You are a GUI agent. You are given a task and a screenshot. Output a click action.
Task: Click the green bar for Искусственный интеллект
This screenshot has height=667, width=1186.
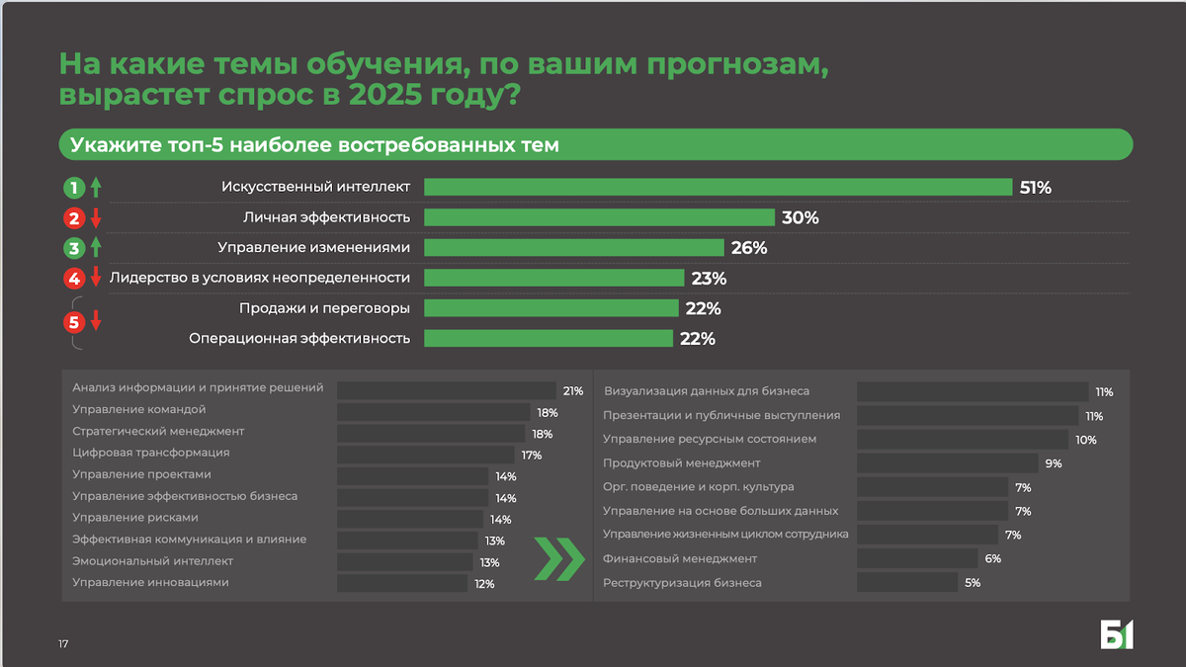pyautogui.click(x=718, y=187)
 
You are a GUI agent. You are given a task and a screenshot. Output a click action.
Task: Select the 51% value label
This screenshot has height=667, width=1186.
pyautogui.click(x=1035, y=188)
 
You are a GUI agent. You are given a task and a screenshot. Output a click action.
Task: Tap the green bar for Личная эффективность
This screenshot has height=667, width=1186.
pyautogui.click(x=599, y=217)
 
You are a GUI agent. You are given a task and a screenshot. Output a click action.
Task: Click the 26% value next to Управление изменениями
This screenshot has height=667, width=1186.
pyautogui.click(x=749, y=248)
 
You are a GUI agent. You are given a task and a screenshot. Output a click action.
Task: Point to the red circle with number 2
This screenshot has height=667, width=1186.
pyautogui.click(x=73, y=218)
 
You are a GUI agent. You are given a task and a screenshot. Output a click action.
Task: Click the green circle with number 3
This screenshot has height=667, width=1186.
pyautogui.click(x=73, y=248)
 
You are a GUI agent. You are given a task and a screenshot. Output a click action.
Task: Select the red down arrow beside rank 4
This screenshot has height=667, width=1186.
pyautogui.click(x=96, y=278)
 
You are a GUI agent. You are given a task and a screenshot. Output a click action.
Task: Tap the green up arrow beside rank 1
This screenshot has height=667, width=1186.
pyautogui.click(x=96, y=188)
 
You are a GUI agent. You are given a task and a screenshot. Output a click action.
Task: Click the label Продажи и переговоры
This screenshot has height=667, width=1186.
pyautogui.click(x=324, y=307)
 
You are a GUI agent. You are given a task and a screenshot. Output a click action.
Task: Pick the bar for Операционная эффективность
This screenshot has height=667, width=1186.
pyautogui.click(x=549, y=338)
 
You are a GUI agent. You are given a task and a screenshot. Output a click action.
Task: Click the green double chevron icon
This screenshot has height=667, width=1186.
pyautogui.click(x=558, y=559)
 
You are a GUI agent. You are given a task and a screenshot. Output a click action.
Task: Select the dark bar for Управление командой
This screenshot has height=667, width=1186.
pyautogui.click(x=433, y=412)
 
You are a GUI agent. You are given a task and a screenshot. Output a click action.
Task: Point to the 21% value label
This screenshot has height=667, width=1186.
pyautogui.click(x=573, y=391)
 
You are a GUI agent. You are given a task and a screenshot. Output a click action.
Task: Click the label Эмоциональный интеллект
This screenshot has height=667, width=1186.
pyautogui.click(x=153, y=561)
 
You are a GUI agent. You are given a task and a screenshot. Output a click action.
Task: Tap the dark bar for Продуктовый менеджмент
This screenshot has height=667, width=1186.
pyautogui.click(x=947, y=463)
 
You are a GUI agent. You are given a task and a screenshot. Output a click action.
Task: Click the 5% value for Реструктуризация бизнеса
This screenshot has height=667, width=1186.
pyautogui.click(x=973, y=583)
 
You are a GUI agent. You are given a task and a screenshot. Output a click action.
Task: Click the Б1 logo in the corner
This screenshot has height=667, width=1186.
pyautogui.click(x=1117, y=634)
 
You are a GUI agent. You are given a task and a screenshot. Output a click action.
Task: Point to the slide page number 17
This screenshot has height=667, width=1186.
pyautogui.click(x=63, y=644)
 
